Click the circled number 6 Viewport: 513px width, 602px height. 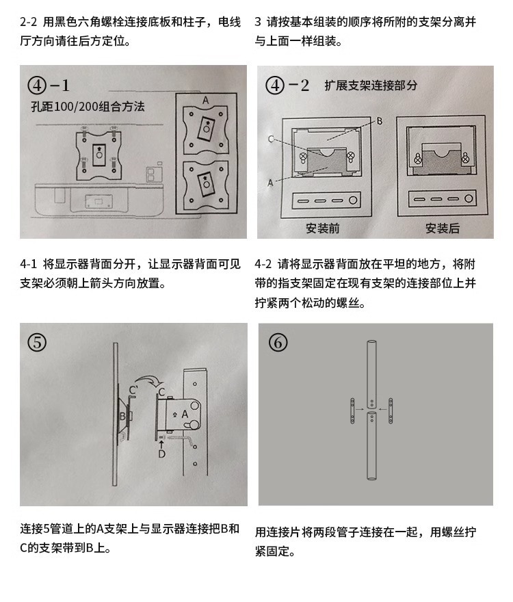[x=278, y=342]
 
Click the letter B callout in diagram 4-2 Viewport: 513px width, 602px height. [x=380, y=121]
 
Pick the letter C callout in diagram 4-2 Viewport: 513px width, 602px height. [x=272, y=139]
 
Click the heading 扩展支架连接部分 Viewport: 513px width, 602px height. [x=371, y=86]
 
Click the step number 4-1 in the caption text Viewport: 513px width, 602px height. [x=29, y=264]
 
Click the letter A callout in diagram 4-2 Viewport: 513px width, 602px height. [x=270, y=183]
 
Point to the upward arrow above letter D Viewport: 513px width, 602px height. [x=161, y=443]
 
